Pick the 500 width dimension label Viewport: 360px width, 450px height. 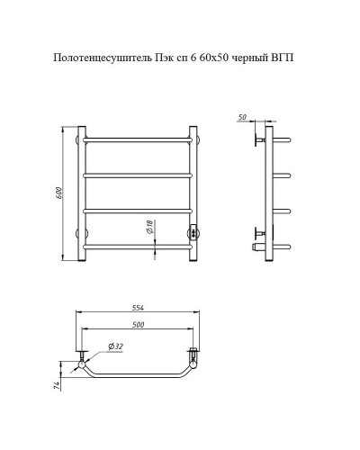coord(138,324)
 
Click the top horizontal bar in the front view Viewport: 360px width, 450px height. coord(137,140)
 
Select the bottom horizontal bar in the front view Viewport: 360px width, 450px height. coord(137,244)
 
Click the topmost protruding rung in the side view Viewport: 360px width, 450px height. coord(281,140)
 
